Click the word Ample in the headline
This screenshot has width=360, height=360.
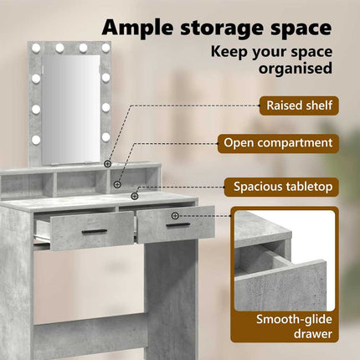[138, 28]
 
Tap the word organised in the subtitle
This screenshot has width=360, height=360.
[296, 68]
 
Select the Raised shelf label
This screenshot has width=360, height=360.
[299, 105]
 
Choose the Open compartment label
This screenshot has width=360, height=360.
[278, 143]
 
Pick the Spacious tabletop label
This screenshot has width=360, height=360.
[283, 186]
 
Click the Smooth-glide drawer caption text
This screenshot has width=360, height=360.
[294, 327]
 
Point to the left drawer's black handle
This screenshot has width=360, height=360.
[95, 232]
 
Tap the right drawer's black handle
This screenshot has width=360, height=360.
[178, 224]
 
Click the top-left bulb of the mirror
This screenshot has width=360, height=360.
[36, 49]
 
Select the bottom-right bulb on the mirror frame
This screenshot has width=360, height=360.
[105, 137]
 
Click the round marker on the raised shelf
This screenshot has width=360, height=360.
[108, 164]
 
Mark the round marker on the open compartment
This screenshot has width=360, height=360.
[118, 184]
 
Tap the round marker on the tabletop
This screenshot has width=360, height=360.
[135, 196]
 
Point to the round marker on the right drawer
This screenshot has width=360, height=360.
[175, 215]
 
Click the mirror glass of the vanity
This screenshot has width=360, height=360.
[70, 109]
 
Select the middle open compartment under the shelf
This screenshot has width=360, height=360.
[81, 183]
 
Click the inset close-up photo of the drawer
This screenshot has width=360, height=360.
[285, 260]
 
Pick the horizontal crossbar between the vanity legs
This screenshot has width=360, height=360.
[90, 332]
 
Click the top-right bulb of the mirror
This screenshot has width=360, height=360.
[105, 48]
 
